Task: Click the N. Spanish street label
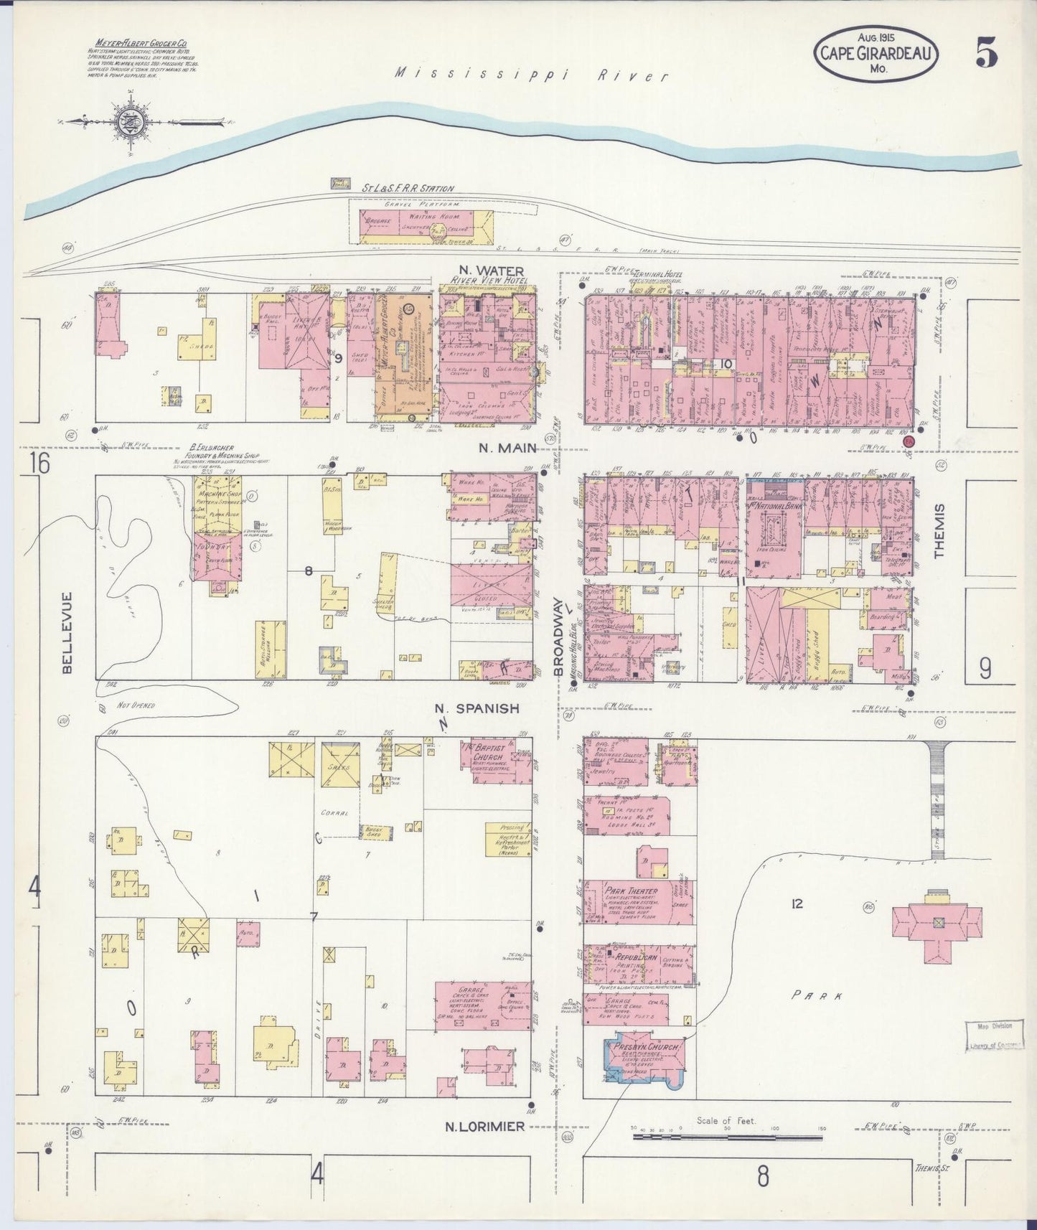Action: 477,708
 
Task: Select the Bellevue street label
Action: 67,632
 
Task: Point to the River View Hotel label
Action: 487,280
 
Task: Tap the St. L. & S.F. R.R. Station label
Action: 408,189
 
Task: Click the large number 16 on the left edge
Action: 40,464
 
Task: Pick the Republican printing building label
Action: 634,957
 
